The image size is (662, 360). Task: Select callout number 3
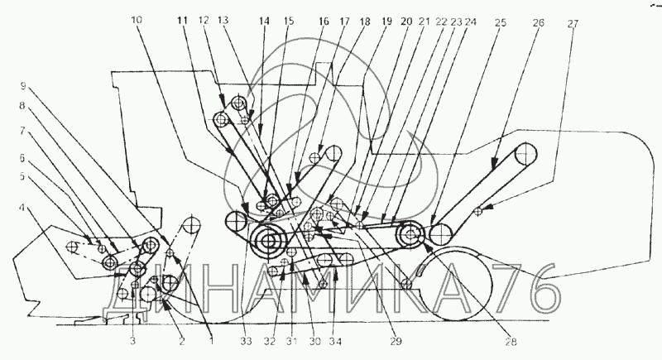coord(132,339)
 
